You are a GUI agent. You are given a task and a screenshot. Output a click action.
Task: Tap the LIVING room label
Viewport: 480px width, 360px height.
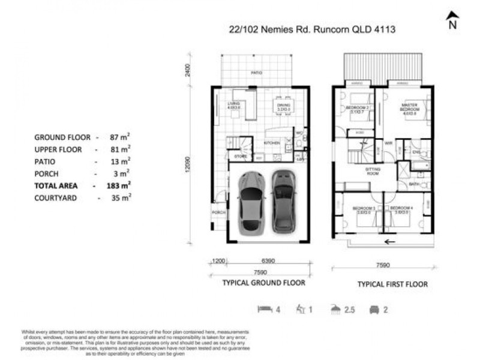click(234, 106)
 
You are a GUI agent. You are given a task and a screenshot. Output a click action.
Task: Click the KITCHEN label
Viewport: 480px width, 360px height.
click(272, 143)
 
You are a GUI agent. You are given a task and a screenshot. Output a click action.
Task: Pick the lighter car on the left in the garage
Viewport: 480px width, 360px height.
click(251, 202)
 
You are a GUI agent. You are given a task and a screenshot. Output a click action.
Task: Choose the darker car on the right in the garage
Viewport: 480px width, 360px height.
click(284, 201)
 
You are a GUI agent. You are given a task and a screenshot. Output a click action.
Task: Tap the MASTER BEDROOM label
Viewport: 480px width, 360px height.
click(409, 107)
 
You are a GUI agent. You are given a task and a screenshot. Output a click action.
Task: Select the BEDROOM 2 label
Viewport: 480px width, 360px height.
click(357, 109)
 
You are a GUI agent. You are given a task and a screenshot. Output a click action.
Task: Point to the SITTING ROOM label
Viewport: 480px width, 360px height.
click(375, 172)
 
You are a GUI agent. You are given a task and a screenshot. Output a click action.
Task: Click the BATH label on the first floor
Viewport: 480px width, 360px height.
click(413, 184)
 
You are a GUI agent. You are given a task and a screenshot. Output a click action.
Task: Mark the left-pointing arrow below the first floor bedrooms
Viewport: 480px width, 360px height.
click(390, 242)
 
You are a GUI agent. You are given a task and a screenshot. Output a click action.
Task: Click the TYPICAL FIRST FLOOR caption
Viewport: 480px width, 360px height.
click(392, 284)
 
